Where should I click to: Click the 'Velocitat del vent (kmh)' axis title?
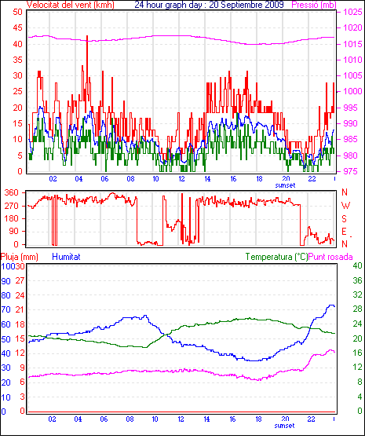click(71, 5)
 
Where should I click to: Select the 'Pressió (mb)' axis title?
click(314, 5)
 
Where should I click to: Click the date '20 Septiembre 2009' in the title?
click(246, 5)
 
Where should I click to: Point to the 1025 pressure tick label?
click(353, 12)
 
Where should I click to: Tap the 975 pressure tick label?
click(349, 171)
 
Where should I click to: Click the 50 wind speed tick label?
click(17, 12)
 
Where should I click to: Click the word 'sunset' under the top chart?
click(285, 185)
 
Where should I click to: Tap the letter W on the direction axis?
click(345, 206)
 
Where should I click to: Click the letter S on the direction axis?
click(345, 218)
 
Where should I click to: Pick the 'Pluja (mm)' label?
click(20, 257)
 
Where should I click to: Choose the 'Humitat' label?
click(66, 257)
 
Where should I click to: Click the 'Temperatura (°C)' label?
click(276, 257)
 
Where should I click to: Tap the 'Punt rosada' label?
click(330, 257)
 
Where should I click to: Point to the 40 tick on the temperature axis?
click(357, 265)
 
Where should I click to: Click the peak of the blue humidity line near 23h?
click(331, 305)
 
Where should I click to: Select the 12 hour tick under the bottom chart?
click(181, 419)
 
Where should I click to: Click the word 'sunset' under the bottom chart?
click(284, 426)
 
